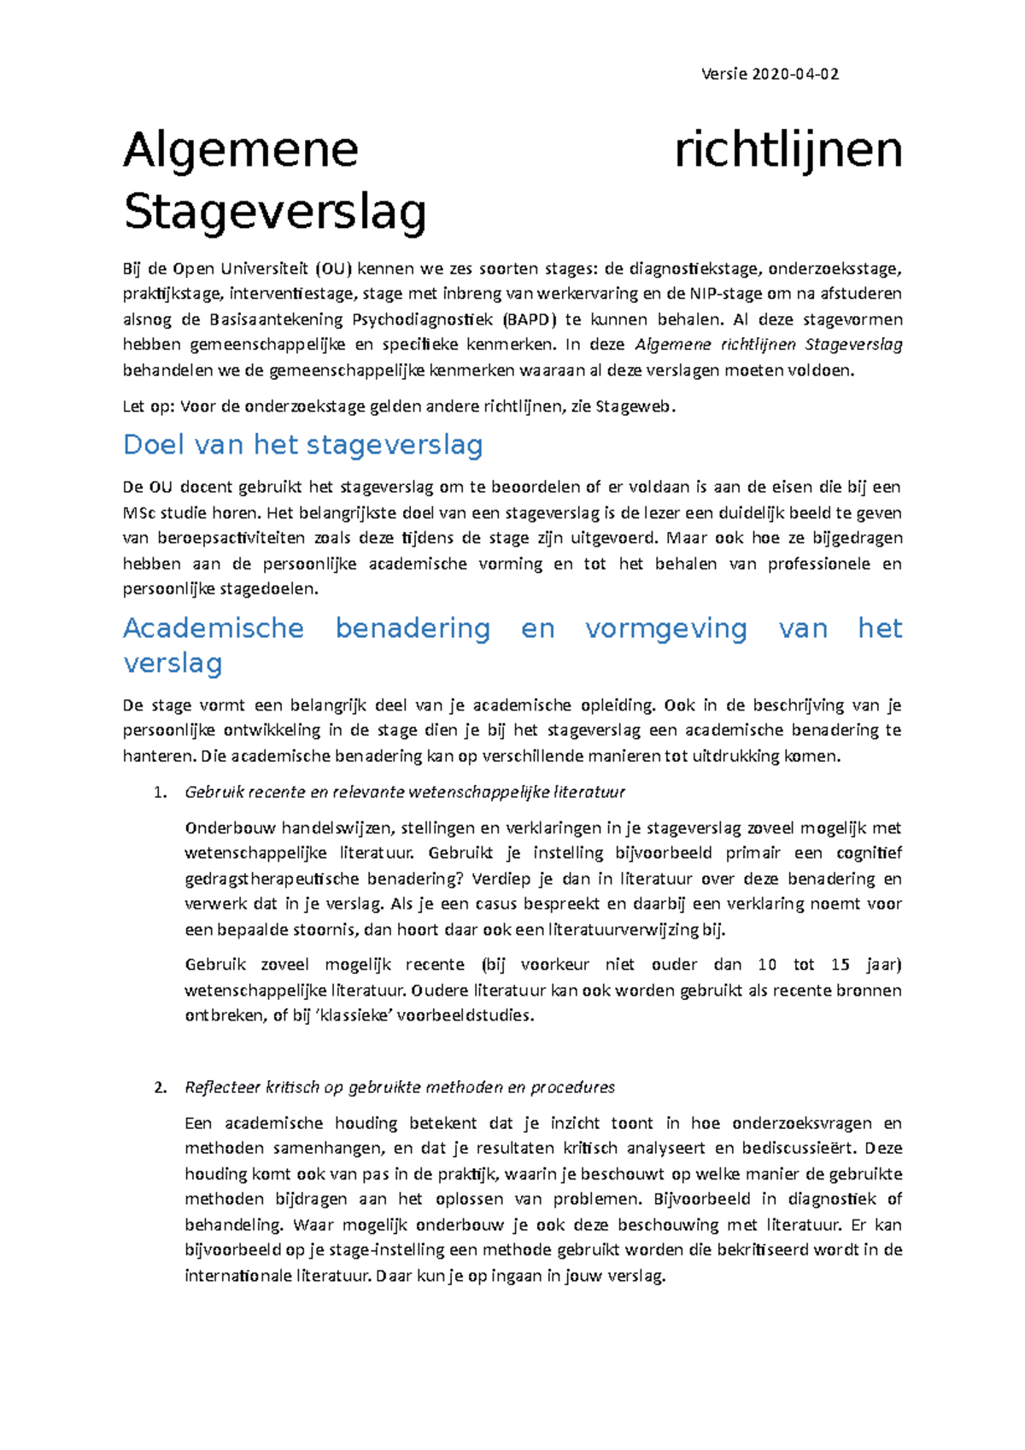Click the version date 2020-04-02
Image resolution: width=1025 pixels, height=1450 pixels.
click(x=794, y=74)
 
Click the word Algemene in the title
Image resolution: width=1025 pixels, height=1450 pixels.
click(x=241, y=150)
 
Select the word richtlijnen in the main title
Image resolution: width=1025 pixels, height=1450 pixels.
click(x=788, y=150)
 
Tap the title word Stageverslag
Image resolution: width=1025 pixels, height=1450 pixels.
click(x=275, y=212)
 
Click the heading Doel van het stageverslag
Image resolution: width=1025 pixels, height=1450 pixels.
click(x=303, y=445)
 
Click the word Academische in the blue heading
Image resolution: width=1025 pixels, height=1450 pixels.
click(x=214, y=629)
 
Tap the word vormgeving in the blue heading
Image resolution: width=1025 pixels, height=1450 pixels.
click(x=666, y=629)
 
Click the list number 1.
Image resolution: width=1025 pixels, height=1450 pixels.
click(x=159, y=792)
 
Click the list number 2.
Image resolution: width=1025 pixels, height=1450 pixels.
click(x=159, y=1088)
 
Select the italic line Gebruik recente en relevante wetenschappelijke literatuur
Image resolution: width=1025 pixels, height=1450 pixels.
click(x=405, y=792)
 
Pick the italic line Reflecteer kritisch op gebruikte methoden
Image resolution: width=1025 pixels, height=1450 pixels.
click(x=400, y=1088)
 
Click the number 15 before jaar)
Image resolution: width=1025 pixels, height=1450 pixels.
click(x=840, y=965)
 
